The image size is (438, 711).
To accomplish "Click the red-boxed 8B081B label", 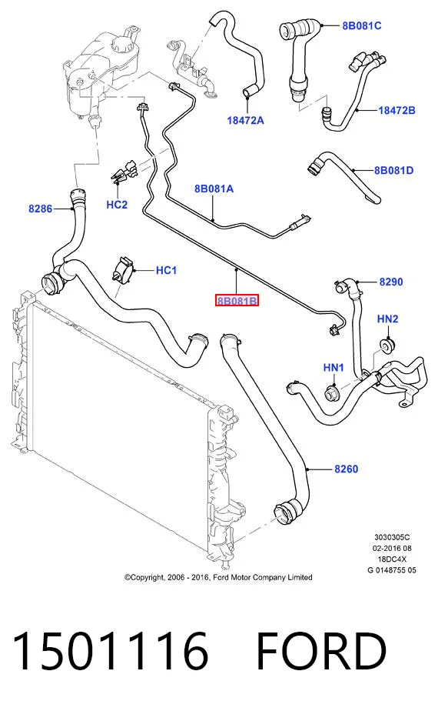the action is coord(237,300).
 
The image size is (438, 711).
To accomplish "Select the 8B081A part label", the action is coord(214,189).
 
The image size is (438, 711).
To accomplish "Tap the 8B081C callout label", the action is coord(361,25).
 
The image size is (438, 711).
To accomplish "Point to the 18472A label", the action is coord(245,120).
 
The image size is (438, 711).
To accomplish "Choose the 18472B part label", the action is coord(397,110).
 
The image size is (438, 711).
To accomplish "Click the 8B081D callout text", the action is coord(393,171).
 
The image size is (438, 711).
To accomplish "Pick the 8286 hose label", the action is coord(40,209).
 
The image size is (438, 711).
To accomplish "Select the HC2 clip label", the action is coord(117,205).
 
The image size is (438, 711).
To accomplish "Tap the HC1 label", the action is coord(166,270).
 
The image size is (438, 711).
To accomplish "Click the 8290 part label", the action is coord(391,282).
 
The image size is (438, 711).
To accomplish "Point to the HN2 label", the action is coord(388,319).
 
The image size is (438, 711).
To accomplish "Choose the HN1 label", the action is coord(333,367).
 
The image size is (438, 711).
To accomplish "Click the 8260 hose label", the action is coord(346,469).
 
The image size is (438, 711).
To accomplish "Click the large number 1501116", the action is coord(110,651).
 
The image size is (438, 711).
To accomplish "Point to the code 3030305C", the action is coord(392,537).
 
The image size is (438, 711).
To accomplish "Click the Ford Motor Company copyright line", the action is coord(218,577).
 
